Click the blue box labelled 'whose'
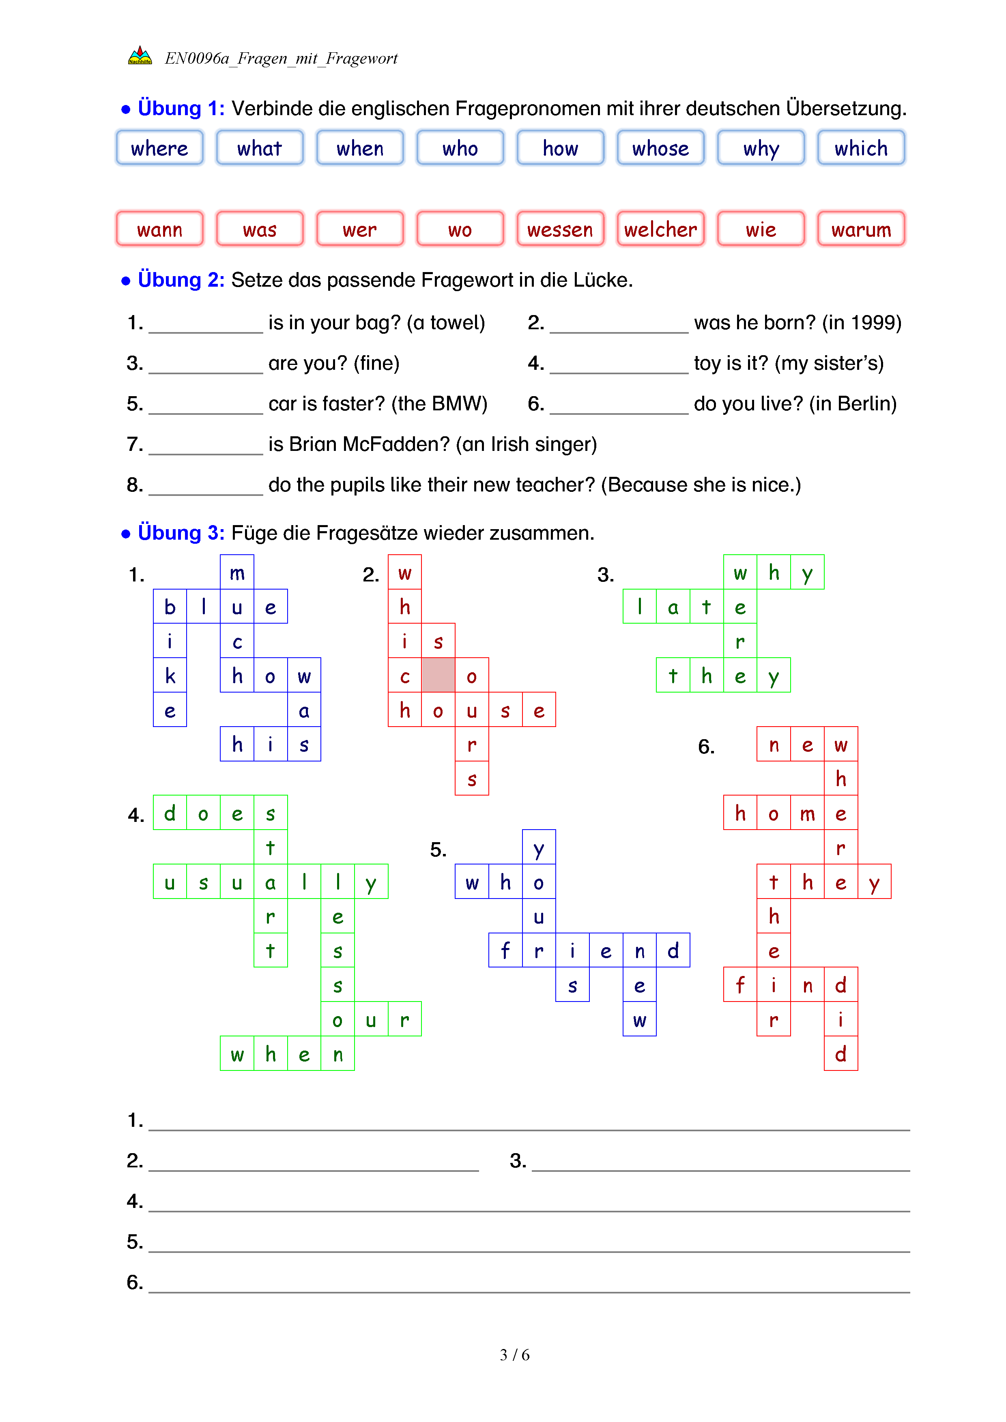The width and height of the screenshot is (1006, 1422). pyautogui.click(x=660, y=148)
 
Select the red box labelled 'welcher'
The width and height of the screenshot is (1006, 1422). pyautogui.click(x=660, y=229)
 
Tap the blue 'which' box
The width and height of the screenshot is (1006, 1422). pyautogui.click(x=860, y=148)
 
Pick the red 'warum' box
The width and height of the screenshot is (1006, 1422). pyautogui.click(x=860, y=229)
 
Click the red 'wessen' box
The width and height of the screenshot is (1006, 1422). pyautogui.click(x=560, y=229)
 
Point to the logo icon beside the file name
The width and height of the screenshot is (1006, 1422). pyautogui.click(x=140, y=56)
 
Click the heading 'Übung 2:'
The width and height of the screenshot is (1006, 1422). pyautogui.click(x=181, y=280)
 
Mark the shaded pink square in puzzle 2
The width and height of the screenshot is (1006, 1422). pyautogui.click(x=438, y=675)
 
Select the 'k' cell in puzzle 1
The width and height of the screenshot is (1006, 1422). pyautogui.click(x=170, y=676)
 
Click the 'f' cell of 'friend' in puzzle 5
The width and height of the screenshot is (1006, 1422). pyautogui.click(x=505, y=950)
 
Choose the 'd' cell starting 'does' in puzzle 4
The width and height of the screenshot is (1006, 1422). pyautogui.click(x=170, y=813)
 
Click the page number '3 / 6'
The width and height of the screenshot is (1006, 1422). pyautogui.click(x=514, y=1355)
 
